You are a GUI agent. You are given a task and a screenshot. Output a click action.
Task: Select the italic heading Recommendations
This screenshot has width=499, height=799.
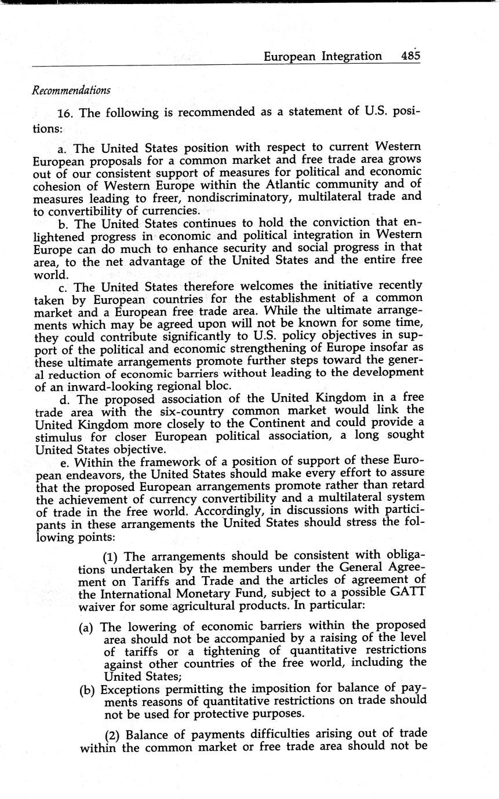click(x=71, y=90)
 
